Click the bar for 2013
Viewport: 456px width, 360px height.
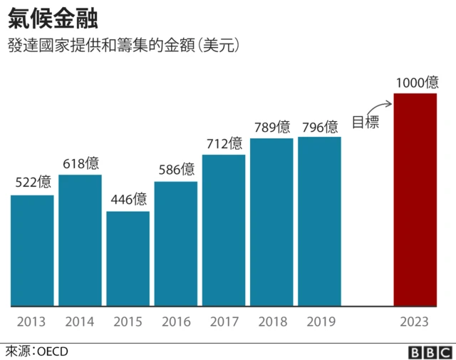coord(32,250)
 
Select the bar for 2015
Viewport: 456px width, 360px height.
coord(128,258)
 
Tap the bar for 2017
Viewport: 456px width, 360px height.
coord(224,230)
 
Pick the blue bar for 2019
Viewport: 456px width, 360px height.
coord(319,221)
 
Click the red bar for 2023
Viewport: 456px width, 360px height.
coord(415,200)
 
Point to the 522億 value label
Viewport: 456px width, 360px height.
coord(33,182)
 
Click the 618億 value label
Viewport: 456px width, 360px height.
coord(81,163)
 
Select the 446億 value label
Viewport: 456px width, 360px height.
coord(128,199)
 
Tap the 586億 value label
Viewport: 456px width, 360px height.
coord(176,169)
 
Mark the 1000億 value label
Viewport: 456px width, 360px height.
coord(417,82)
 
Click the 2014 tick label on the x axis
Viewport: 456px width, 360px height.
coord(79,322)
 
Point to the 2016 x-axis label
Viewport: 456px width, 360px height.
coord(176,322)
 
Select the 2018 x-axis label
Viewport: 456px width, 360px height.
coord(272,322)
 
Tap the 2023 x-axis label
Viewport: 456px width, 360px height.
coord(415,322)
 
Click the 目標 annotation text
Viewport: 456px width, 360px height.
coord(366,122)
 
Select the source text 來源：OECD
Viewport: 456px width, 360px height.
coord(36,351)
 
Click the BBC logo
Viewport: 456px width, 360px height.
coord(430,351)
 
